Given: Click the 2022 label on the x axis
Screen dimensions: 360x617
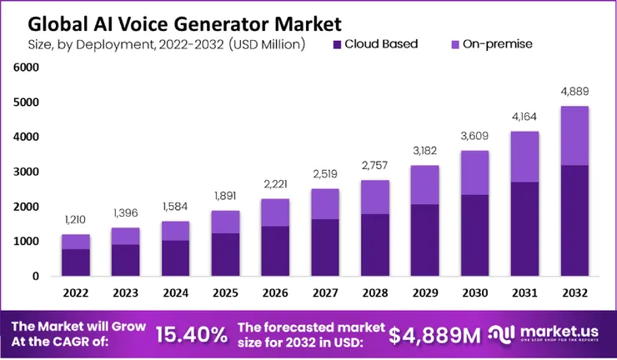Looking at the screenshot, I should tap(75, 293).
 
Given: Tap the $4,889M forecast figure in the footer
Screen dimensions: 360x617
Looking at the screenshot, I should tap(434, 335).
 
